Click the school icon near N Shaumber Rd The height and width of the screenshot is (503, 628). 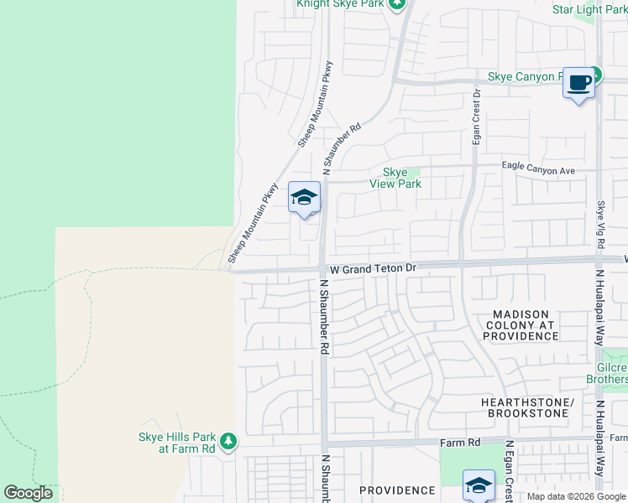coord(304,198)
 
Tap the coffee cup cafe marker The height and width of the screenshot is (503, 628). coord(578,83)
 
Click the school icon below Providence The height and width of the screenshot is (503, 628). coord(479,485)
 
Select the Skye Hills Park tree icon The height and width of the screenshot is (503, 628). coord(228,440)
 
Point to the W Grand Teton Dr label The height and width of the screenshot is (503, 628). coord(374,268)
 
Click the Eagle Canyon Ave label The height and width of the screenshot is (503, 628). coord(538,170)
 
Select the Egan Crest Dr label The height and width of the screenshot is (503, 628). coord(476,117)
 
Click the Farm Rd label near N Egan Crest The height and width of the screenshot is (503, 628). coord(461,442)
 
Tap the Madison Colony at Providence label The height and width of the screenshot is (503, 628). coord(521,324)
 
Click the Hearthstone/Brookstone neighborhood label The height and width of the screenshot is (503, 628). coord(527,408)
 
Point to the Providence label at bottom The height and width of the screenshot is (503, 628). coord(397,490)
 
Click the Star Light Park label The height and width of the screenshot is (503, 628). coord(589,8)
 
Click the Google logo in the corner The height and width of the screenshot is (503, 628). coord(28,493)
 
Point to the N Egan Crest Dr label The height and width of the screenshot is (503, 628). coord(509,469)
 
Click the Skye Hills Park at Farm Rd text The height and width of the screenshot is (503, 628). coord(176,443)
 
